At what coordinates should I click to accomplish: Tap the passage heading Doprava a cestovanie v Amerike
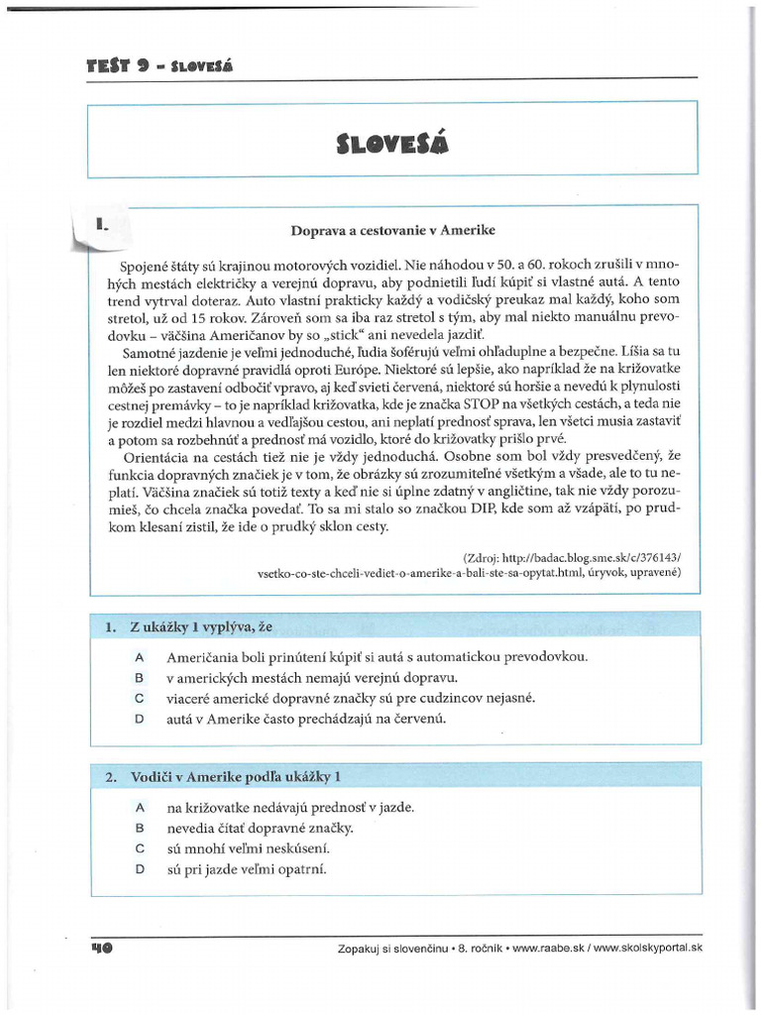coord(392,231)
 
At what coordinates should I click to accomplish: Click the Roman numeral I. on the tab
coord(101,226)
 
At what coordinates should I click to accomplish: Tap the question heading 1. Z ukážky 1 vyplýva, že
coord(187,627)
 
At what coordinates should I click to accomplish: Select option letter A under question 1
coord(140,657)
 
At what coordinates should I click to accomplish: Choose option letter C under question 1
coord(140,699)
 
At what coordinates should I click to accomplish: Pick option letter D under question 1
coord(140,720)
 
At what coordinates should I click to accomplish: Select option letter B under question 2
coord(140,828)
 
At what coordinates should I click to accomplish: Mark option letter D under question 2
coord(140,869)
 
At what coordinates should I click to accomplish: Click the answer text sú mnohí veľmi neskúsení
coord(247,848)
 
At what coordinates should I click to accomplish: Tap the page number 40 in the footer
coord(101,948)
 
